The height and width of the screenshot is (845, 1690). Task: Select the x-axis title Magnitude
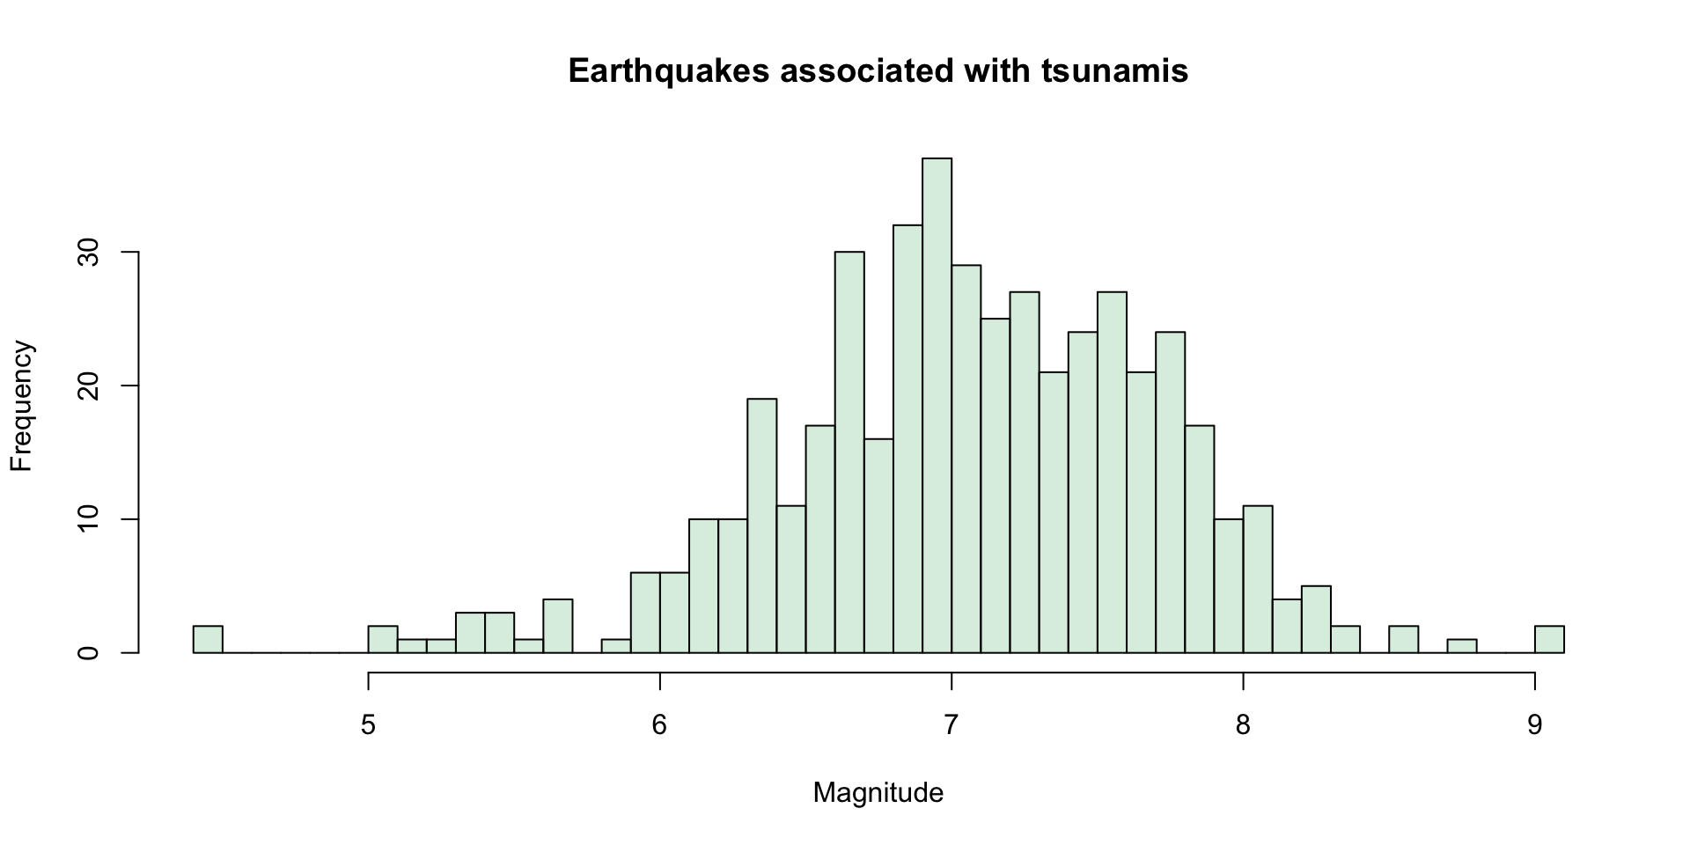(x=878, y=793)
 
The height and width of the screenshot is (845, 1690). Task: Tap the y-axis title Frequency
(x=21, y=406)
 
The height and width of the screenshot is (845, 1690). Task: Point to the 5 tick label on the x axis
(x=368, y=725)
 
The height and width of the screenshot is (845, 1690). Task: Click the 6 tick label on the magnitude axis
(x=659, y=725)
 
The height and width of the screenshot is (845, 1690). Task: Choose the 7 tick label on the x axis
(x=952, y=725)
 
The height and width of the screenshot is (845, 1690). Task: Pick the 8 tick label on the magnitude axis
(x=1243, y=725)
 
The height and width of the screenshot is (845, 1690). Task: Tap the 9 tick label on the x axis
(x=1535, y=725)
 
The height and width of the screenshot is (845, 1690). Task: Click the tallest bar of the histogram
(x=937, y=405)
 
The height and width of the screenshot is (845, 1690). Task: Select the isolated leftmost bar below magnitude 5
(x=208, y=640)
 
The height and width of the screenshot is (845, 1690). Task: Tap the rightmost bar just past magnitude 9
(x=1549, y=640)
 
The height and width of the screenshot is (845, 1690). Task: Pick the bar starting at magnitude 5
(x=383, y=640)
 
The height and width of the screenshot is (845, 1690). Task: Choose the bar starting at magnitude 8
(x=1258, y=579)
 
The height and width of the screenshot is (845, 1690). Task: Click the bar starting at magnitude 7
(x=966, y=459)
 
